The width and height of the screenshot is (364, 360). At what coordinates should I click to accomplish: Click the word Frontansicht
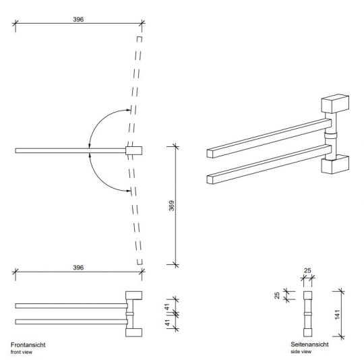(x=28, y=344)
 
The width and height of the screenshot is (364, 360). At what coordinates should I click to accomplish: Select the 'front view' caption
(x=24, y=351)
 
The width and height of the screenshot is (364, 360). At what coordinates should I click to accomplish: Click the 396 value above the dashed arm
(x=78, y=20)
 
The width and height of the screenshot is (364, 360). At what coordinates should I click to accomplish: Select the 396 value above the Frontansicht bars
(x=78, y=268)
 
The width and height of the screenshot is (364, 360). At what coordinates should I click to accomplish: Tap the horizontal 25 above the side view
(x=309, y=271)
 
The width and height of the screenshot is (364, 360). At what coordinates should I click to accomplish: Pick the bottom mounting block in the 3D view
(x=334, y=165)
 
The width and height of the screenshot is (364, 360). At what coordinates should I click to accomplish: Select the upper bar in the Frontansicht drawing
(x=70, y=306)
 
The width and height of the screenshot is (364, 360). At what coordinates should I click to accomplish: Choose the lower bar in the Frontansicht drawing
(x=70, y=320)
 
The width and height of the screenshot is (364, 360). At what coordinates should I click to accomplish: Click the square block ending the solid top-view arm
(x=133, y=150)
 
